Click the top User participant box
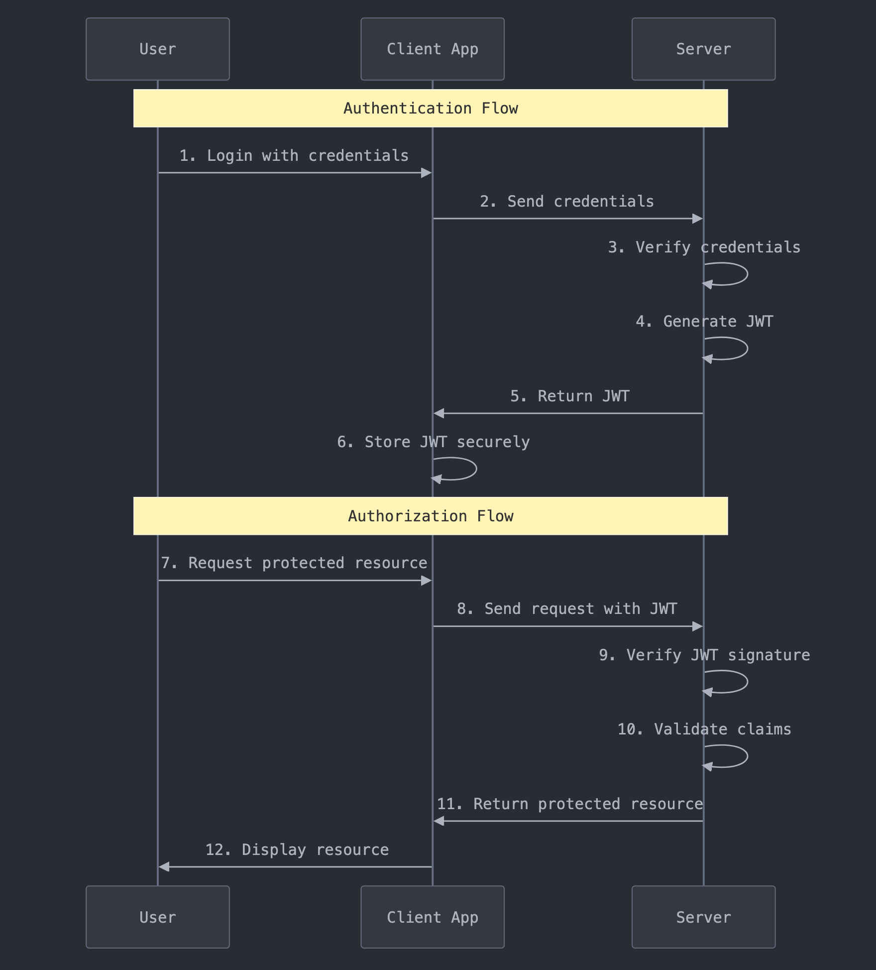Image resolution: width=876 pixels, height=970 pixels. coord(157,49)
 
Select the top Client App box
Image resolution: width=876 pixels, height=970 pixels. coord(432,49)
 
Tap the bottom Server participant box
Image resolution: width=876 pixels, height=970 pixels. coord(703,917)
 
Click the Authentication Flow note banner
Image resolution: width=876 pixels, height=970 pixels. coord(431,108)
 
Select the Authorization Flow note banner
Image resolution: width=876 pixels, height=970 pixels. coord(431,516)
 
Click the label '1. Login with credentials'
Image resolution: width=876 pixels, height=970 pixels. coord(294,155)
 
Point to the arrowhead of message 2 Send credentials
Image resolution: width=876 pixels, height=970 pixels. coord(697,219)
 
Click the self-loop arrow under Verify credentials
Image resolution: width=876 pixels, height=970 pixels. coord(737,274)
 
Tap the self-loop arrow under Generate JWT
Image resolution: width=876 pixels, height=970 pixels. coord(737,349)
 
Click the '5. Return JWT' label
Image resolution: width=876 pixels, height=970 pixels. coord(569,396)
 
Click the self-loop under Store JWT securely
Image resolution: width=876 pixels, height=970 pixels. coord(465,469)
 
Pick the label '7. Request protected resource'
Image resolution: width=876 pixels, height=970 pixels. coord(294,563)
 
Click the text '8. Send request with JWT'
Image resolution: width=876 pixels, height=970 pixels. coord(567,608)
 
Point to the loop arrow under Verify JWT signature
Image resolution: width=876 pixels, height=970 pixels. coord(737,682)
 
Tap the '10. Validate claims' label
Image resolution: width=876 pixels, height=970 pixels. coord(704,729)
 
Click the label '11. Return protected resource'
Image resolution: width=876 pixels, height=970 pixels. coord(569,804)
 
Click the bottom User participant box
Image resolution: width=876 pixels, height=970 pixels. coord(157,917)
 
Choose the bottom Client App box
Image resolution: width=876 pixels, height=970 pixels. coord(432,917)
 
